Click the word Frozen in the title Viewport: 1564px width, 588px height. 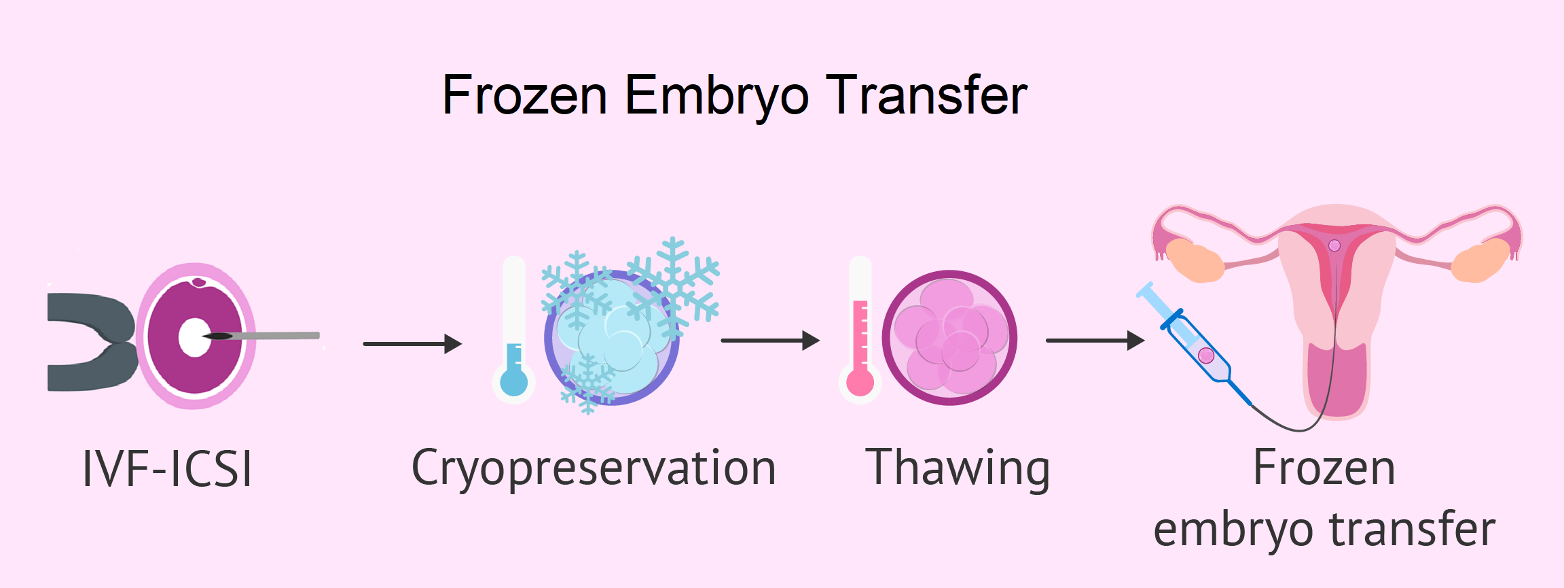tap(524, 95)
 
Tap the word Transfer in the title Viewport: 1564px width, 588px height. tap(926, 95)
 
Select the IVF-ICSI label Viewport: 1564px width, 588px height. tap(167, 468)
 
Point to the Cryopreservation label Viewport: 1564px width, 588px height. tap(594, 469)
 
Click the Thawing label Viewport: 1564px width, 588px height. tap(958, 469)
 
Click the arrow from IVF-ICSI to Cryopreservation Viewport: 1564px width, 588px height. tap(412, 344)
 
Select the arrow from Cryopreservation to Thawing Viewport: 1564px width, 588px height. tap(770, 341)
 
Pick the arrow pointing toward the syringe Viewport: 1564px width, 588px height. tap(1095, 341)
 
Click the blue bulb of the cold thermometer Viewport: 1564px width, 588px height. tap(514, 382)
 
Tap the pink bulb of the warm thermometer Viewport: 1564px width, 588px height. tap(860, 382)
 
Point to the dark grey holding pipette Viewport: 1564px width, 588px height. tap(92, 342)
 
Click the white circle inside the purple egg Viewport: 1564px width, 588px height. tap(195, 337)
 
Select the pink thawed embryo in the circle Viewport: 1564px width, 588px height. tap(949, 338)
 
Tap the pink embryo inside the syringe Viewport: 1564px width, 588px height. tap(1206, 355)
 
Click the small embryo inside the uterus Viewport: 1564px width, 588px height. tap(1334, 245)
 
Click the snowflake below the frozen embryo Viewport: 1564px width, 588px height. tap(587, 383)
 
